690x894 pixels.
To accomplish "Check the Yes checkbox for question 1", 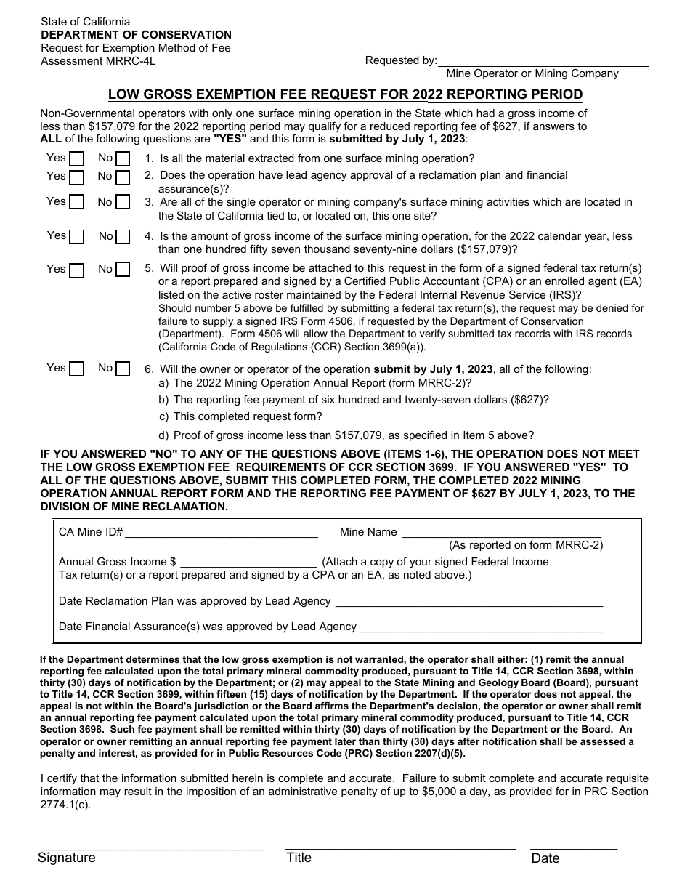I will tap(76, 159).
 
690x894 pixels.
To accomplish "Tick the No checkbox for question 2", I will tap(123, 177).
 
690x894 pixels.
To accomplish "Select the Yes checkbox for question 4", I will tap(77, 237).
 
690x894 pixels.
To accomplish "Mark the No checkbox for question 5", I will tap(123, 270).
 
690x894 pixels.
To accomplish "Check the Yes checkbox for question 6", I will tap(76, 369).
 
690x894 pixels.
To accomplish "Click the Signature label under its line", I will tap(67, 858).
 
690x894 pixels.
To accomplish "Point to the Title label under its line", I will tap(299, 858).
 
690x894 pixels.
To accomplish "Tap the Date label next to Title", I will tap(545, 858).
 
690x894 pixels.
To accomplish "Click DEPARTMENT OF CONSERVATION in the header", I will tap(136, 35).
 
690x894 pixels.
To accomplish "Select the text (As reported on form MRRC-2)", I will tap(526, 545).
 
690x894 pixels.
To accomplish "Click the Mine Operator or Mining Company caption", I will tap(532, 73).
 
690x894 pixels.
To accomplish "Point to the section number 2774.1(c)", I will tap(66, 805).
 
